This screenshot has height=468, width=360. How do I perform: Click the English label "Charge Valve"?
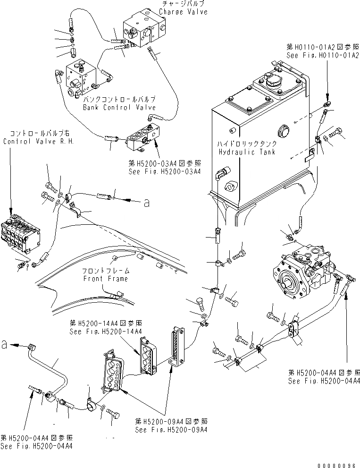pos(183,12)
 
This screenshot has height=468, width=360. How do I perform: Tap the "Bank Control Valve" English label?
pos(119,107)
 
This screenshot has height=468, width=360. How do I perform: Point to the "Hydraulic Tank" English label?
pos(243,152)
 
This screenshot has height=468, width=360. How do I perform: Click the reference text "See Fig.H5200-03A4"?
pos(165,171)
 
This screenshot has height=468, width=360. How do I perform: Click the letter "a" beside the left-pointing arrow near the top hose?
pos(147,203)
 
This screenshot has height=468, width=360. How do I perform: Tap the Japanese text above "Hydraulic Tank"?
pos(243,144)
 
